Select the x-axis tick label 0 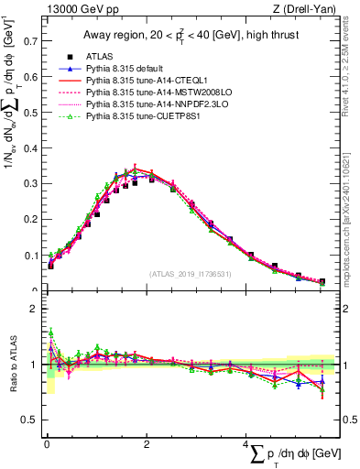point(47,443)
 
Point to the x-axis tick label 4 point(247,443)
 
